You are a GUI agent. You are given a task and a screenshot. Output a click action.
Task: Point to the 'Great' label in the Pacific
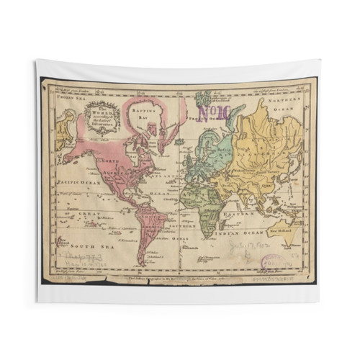click(x=72, y=214)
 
